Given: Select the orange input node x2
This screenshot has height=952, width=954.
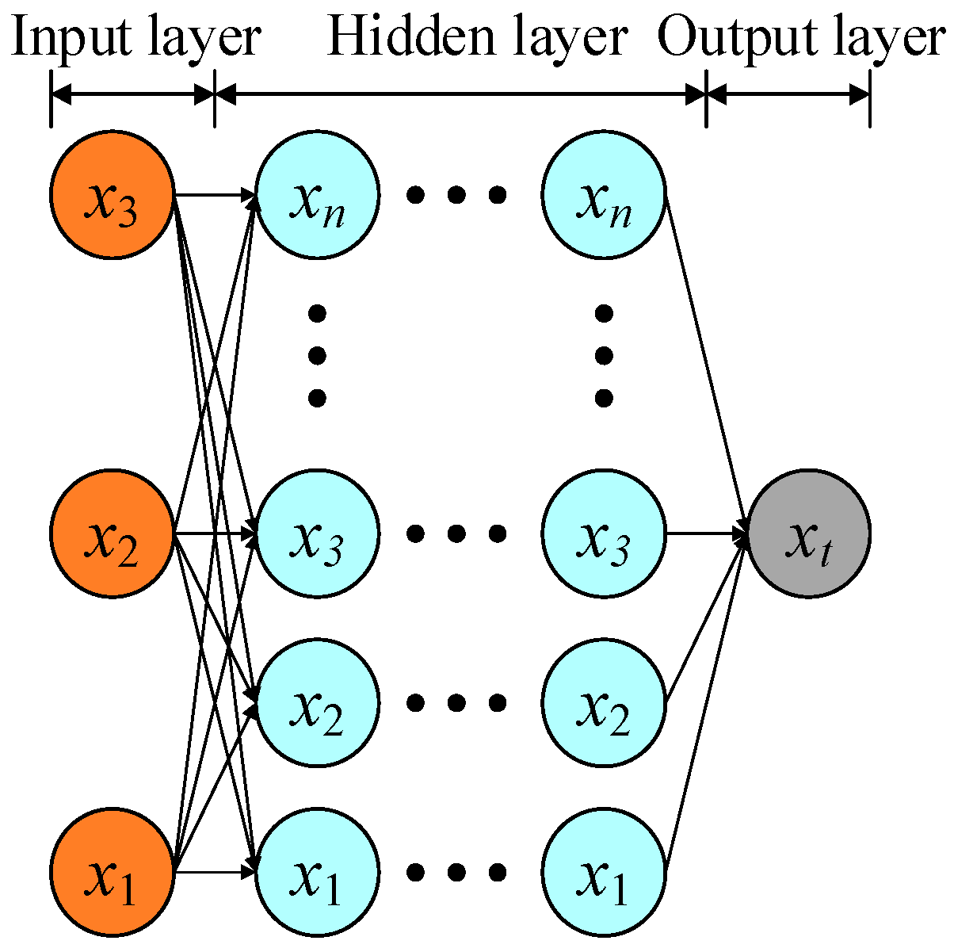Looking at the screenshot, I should pyautogui.click(x=113, y=533).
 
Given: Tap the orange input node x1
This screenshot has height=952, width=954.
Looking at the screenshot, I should pyautogui.click(x=113, y=872).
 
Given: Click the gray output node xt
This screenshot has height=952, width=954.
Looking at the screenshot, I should pyautogui.click(x=809, y=533).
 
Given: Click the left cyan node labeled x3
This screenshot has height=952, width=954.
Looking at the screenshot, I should pyautogui.click(x=317, y=533).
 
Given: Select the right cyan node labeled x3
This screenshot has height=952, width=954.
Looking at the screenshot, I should pyautogui.click(x=604, y=533).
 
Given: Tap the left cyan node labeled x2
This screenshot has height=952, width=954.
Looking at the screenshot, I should pyautogui.click(x=317, y=702).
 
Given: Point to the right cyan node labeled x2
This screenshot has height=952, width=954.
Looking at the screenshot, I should pyautogui.click(x=604, y=702).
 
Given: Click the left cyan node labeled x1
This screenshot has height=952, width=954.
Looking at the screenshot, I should pyautogui.click(x=317, y=872).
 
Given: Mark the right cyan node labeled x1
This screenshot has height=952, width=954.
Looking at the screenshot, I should pyautogui.click(x=604, y=872).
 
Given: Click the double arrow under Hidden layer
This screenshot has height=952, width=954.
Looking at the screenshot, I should pyautogui.click(x=460, y=96).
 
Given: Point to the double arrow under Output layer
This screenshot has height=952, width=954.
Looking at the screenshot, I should pyautogui.click(x=788, y=96).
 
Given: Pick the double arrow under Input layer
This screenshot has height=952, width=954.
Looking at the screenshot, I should pyautogui.click(x=132, y=96).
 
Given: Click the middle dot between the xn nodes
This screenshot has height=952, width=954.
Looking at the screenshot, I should pyautogui.click(x=456, y=195).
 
